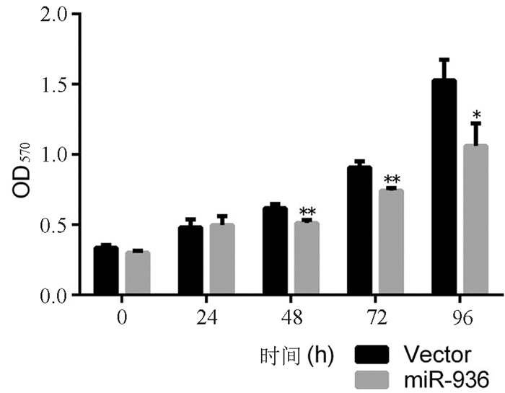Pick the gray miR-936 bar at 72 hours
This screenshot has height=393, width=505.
390,242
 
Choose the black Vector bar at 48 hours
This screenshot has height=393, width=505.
275,251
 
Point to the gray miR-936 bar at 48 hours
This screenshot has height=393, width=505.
306,258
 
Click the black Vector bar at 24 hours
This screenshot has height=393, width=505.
191,260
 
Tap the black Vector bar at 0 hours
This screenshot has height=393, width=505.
106,270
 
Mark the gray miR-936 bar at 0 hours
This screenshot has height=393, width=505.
137,273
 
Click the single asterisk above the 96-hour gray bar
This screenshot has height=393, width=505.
475,115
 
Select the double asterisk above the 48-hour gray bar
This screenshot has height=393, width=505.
307,212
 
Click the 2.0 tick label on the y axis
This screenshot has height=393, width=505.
54,14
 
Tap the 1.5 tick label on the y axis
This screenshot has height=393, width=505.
54,84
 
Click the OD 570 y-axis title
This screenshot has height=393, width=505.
22,180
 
